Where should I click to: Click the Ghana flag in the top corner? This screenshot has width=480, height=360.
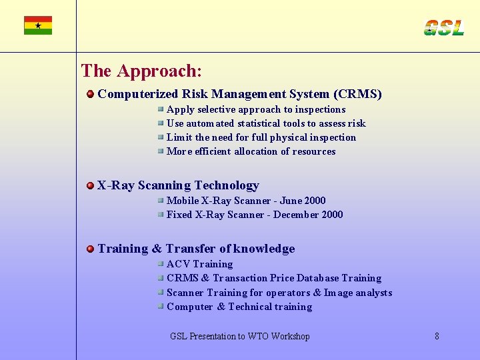pyautogui.click(x=38, y=25)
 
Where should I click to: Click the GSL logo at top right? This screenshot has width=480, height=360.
pyautogui.click(x=443, y=27)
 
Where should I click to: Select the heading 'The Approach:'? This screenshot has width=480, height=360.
pyautogui.click(x=141, y=71)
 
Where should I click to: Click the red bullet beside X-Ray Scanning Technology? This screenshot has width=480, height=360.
pyautogui.click(x=90, y=185)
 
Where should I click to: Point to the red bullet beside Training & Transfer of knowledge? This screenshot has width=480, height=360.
pyautogui.click(x=90, y=249)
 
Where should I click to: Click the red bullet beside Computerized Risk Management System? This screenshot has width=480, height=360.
pyautogui.click(x=90, y=95)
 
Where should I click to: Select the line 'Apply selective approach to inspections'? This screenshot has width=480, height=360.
pyautogui.click(x=256, y=109)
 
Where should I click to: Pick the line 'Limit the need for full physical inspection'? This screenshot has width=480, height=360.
pyautogui.click(x=261, y=137)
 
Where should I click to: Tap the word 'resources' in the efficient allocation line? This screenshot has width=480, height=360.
pyautogui.click(x=314, y=151)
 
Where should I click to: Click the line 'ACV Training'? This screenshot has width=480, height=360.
pyautogui.click(x=199, y=264)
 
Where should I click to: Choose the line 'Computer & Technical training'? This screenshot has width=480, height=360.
pyautogui.click(x=239, y=307)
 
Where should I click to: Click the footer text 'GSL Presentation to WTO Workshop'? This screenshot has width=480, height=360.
pyautogui.click(x=240, y=337)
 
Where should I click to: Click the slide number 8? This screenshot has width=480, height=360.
pyautogui.click(x=437, y=337)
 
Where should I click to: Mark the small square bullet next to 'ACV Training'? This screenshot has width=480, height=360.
pyautogui.click(x=161, y=264)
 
